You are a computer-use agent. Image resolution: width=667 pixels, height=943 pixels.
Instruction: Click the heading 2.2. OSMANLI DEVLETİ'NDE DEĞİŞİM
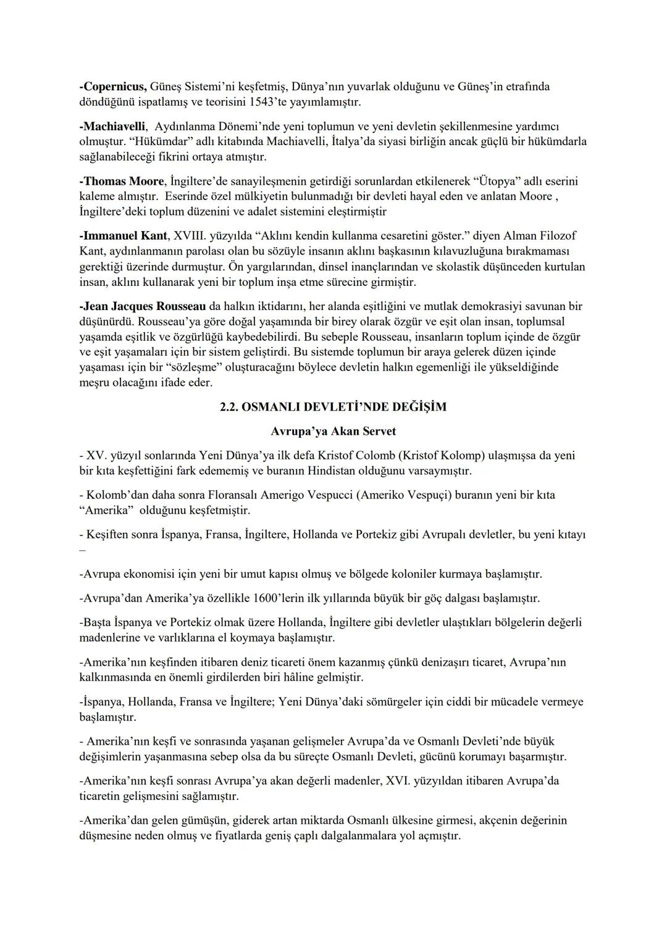click(333, 407)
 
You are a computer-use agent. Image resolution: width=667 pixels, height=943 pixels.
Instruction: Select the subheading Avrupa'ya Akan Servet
click(333, 431)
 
